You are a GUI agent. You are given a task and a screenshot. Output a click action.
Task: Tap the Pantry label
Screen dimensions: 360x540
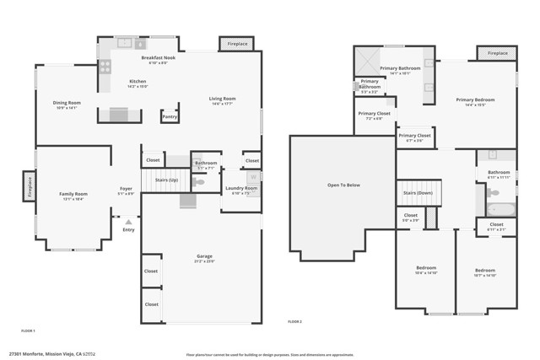pos(170,116)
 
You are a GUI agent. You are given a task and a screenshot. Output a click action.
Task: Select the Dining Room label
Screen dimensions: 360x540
pos(67,103)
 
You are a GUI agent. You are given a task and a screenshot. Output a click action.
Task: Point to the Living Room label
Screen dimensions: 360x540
pos(222,99)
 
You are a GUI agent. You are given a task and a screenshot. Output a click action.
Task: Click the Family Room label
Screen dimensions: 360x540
pos(73,194)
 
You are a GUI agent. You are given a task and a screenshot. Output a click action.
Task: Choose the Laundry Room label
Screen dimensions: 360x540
pos(240,188)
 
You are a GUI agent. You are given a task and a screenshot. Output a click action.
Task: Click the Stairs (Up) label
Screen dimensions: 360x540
pos(167,180)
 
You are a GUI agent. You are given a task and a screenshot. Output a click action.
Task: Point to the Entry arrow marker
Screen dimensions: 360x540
pos(128,221)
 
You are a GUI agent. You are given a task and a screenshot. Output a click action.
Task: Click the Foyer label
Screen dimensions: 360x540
pos(126,189)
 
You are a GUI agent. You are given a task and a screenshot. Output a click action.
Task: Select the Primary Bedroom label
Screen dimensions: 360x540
pos(475,99)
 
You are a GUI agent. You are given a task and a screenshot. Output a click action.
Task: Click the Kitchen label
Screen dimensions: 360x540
pos(138,82)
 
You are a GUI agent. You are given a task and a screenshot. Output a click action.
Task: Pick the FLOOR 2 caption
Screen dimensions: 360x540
pos(294,321)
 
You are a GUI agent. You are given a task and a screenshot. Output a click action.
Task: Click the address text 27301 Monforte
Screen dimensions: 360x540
pos(30,354)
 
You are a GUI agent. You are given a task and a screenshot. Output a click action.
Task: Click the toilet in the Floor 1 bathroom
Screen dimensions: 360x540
pos(199,182)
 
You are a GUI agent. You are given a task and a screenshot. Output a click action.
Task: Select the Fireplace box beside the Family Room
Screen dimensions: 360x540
pos(29,185)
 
